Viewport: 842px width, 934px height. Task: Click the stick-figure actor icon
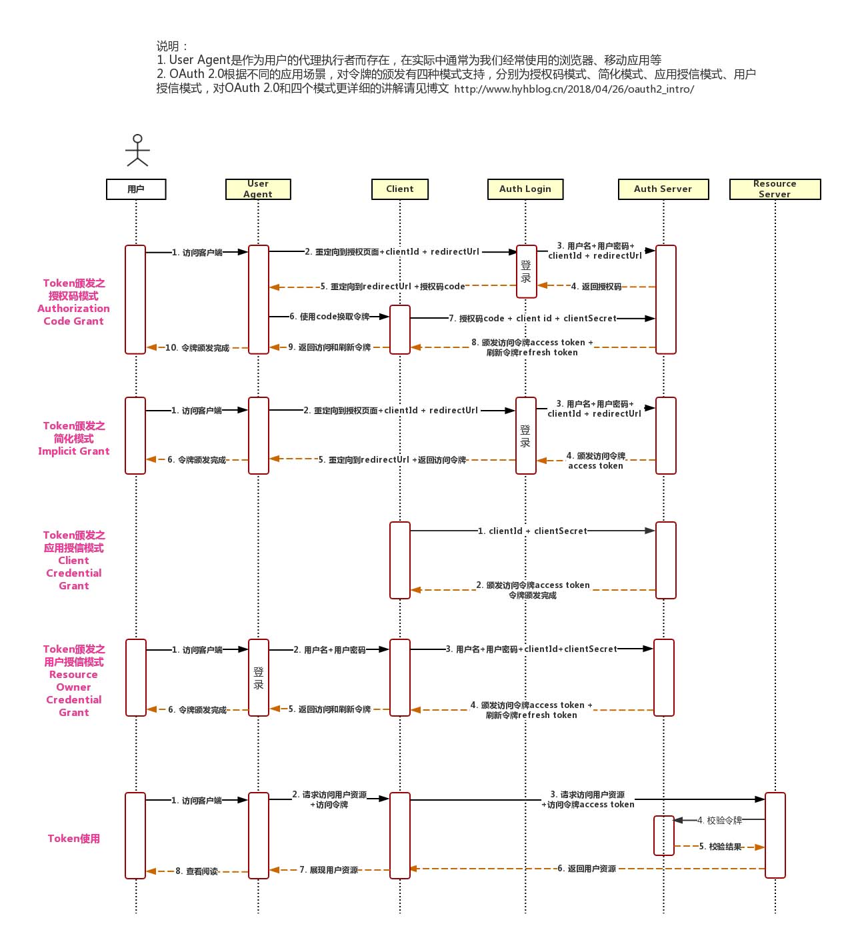(x=137, y=151)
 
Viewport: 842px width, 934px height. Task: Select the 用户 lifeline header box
(x=136, y=189)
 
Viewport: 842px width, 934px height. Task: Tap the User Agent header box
(x=258, y=189)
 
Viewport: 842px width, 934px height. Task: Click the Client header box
(x=399, y=189)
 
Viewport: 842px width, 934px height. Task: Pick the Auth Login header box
(x=525, y=189)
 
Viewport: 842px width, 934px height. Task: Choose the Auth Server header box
(x=663, y=189)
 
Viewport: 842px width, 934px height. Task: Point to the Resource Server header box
(x=775, y=189)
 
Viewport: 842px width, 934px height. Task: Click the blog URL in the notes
(x=574, y=89)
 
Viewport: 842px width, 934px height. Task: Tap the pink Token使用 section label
(x=73, y=839)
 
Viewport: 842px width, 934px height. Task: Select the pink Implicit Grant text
(x=73, y=451)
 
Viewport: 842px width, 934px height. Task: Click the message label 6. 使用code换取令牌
(x=329, y=317)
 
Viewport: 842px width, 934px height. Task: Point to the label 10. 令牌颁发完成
(x=197, y=348)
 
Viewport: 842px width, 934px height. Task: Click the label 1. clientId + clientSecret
(x=532, y=531)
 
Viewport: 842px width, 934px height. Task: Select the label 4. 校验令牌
(x=719, y=821)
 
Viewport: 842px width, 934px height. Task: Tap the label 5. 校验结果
(x=720, y=847)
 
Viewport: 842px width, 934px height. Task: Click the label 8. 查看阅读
(x=197, y=871)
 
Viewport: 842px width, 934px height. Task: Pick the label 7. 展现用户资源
(x=328, y=870)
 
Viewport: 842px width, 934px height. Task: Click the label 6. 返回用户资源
(x=587, y=869)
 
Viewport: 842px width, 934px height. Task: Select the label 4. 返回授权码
(x=597, y=287)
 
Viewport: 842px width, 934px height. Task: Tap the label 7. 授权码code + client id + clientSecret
(x=532, y=319)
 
